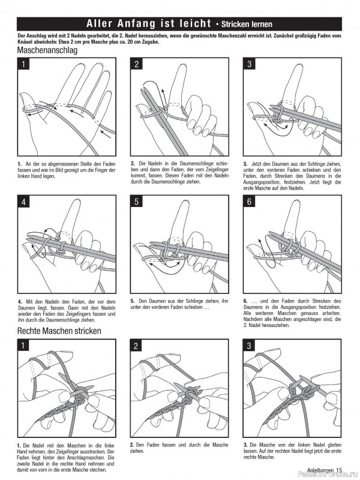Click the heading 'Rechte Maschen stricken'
coord(59,331)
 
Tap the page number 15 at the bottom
coord(339,470)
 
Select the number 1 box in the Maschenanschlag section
coord(24,64)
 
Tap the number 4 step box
coord(24,202)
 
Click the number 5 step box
coord(137,202)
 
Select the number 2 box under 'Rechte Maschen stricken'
coord(137,345)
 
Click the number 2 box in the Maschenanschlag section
coord(137,64)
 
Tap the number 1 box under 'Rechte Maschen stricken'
coord(24,345)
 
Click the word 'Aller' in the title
coord(103,24)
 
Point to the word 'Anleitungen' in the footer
coord(320,470)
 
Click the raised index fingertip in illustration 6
coord(295,207)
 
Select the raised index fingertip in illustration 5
coord(183,207)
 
